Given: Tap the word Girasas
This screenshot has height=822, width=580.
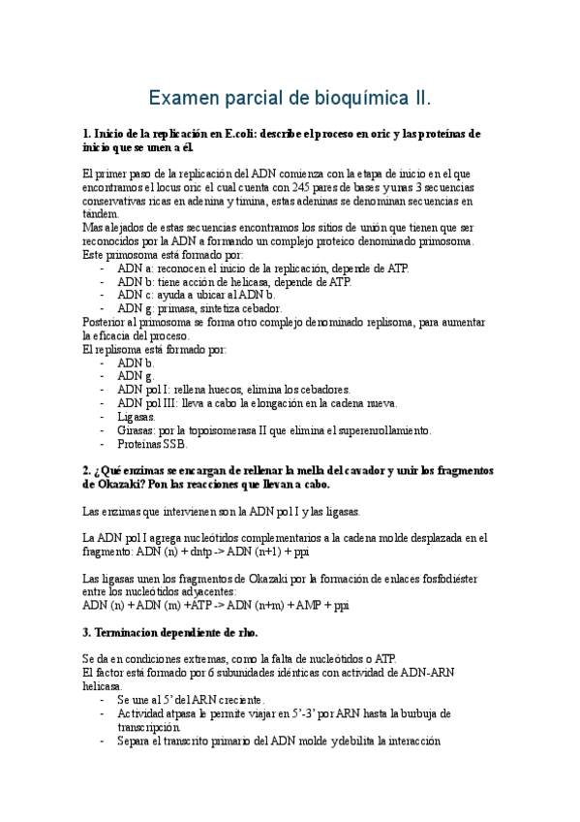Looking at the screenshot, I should point(137,430).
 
